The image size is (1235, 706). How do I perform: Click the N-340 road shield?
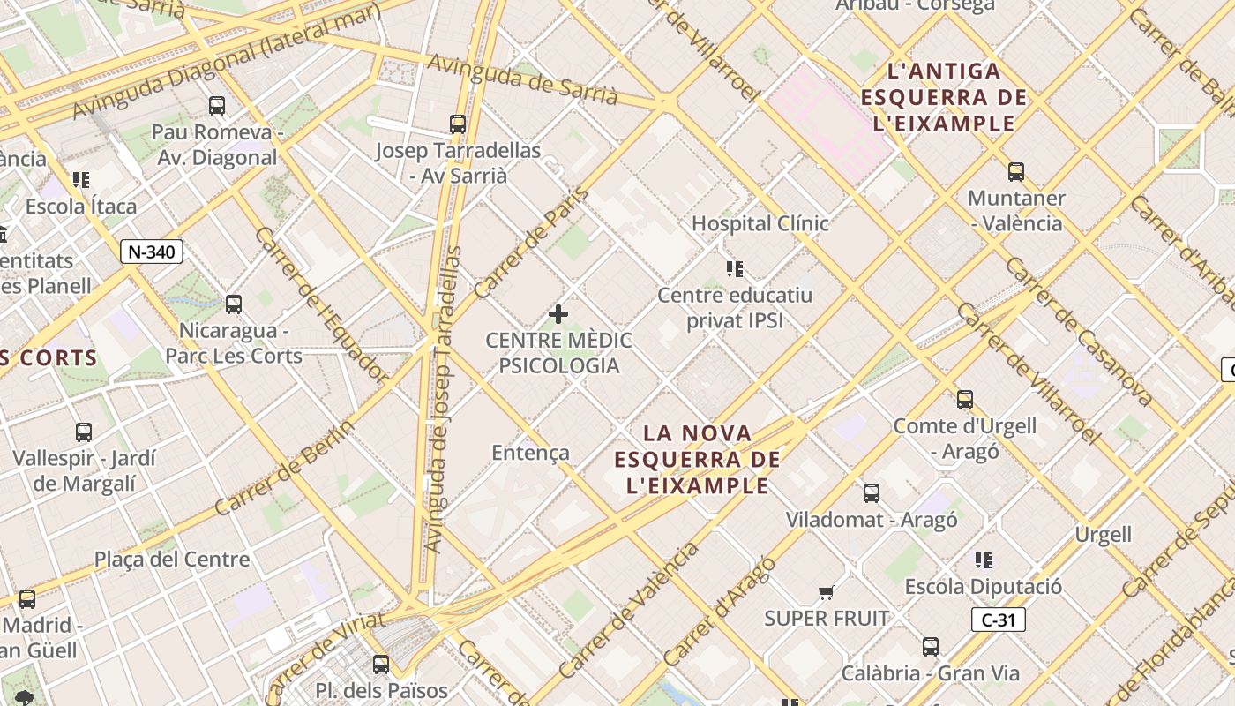[x=151, y=252]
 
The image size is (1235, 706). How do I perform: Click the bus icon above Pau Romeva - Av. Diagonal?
[x=217, y=106]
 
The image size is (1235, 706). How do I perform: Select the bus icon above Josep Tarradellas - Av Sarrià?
[x=457, y=124]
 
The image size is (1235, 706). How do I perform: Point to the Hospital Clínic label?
[x=760, y=223]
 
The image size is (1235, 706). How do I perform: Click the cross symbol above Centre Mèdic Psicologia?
[x=558, y=313]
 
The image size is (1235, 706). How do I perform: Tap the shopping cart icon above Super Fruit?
[x=826, y=592]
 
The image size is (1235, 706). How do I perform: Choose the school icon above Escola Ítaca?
[x=81, y=180]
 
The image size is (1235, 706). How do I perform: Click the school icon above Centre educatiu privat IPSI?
[x=734, y=268]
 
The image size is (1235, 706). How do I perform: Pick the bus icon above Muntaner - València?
[x=1016, y=171]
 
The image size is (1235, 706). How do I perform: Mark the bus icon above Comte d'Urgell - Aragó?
[x=965, y=399]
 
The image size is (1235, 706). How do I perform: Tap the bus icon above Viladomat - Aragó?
[x=872, y=492]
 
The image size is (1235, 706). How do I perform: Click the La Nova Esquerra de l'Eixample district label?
[x=698, y=459]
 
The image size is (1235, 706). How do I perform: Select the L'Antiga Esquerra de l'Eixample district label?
[x=944, y=97]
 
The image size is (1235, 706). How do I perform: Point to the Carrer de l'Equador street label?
[x=321, y=304]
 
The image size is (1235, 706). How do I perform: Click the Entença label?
[x=530, y=453]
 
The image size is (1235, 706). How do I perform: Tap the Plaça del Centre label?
[x=172, y=560]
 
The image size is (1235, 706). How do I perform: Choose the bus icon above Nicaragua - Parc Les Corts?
[x=234, y=304]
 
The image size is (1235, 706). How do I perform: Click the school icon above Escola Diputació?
[x=984, y=560]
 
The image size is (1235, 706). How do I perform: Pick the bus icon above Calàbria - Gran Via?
[x=931, y=646]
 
